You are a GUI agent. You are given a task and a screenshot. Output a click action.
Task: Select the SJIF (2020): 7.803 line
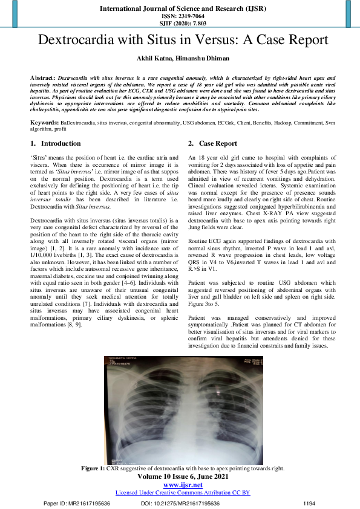[x=180, y=24]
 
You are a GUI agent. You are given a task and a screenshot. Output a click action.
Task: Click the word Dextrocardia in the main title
[x=77, y=41]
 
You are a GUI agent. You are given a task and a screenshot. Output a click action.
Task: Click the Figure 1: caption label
[x=93, y=468]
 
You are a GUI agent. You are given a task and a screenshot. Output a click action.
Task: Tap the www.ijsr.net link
[x=180, y=485]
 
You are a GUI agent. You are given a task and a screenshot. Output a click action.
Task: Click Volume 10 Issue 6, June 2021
[x=180, y=476]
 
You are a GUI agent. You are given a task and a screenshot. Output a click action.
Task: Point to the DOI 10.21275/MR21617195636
[x=180, y=503]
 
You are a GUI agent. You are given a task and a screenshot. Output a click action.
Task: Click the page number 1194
[x=309, y=503]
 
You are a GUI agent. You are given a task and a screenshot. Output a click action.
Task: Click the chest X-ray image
[x=180, y=409]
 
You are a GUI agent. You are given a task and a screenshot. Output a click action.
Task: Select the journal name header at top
[x=180, y=9]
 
